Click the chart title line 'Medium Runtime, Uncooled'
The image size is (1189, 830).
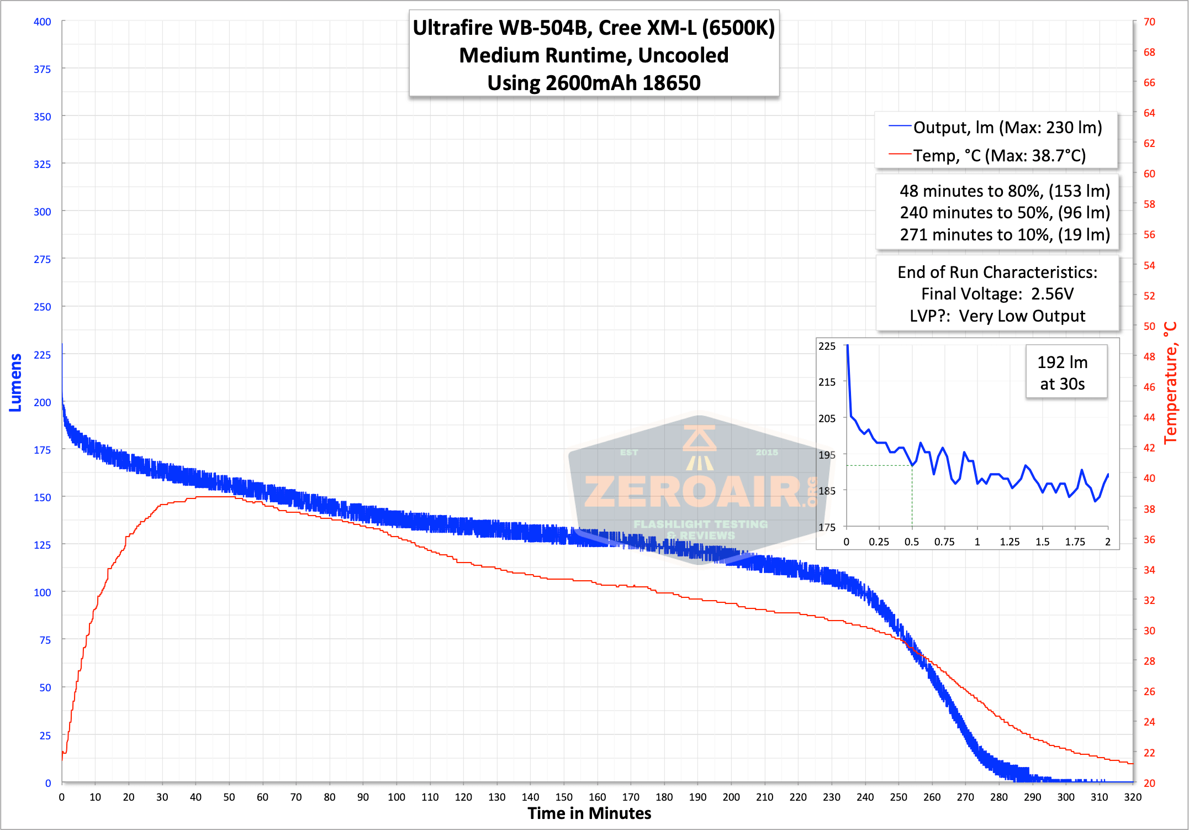(594, 55)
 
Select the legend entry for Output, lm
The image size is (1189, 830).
(995, 128)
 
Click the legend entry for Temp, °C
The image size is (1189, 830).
(987, 155)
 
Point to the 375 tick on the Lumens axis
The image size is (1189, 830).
(42, 69)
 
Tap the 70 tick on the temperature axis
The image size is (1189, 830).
(1149, 22)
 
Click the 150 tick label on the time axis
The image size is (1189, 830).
(563, 797)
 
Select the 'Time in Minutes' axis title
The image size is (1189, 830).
(589, 813)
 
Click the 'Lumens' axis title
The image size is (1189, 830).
(15, 382)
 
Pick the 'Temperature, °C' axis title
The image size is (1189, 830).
(1170, 383)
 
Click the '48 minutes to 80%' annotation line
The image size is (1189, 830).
(1005, 191)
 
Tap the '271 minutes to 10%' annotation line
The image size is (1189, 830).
(1005, 235)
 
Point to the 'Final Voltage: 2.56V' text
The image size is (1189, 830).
(997, 294)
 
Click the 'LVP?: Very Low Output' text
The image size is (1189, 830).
(997, 316)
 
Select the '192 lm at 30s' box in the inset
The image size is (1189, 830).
(1066, 371)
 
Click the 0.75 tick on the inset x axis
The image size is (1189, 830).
(944, 542)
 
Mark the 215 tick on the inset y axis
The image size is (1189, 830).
(827, 382)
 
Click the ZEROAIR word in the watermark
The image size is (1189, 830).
(694, 492)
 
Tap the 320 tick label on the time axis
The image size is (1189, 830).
(1133, 797)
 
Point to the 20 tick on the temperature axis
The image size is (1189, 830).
(1149, 783)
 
